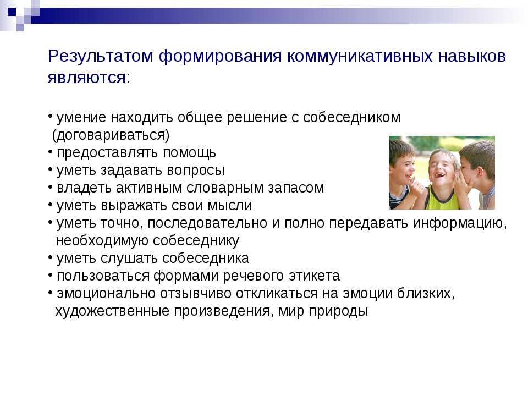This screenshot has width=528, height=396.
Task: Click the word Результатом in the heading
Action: (101, 56)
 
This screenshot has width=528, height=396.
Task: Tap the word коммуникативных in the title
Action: (359, 56)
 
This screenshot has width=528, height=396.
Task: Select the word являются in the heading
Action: (87, 78)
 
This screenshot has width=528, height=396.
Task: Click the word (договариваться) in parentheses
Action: (111, 135)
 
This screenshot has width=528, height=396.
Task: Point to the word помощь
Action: (189, 153)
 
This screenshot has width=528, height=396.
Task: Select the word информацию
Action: (460, 223)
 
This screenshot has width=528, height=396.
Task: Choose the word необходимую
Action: (102, 241)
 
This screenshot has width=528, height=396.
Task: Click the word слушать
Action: (129, 258)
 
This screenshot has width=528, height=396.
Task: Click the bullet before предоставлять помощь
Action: (50, 152)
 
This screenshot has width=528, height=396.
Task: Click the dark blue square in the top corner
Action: (12, 12)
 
